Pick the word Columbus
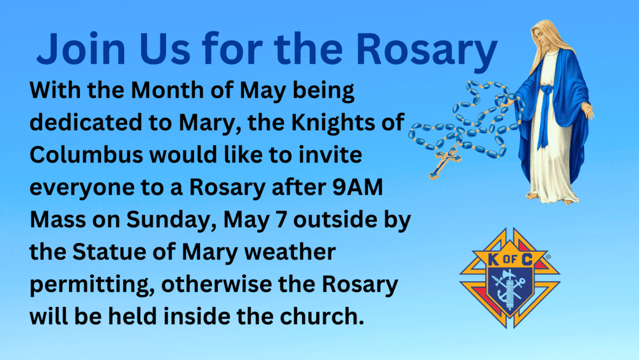pyautogui.click(x=86, y=155)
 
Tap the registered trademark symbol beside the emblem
pyautogui.click(x=548, y=257)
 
